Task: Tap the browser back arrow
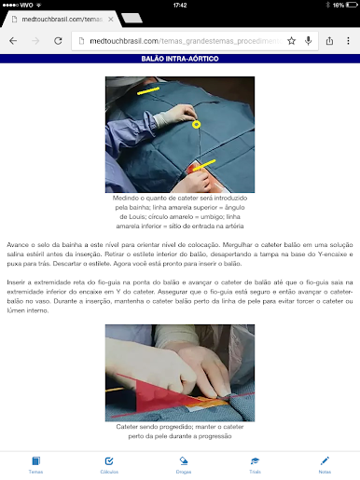click(x=13, y=41)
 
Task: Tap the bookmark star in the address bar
click(x=292, y=41)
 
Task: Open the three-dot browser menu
click(x=349, y=41)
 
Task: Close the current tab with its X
click(x=110, y=18)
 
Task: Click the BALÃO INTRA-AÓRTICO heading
click(x=180, y=59)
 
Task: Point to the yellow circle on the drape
click(x=196, y=124)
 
